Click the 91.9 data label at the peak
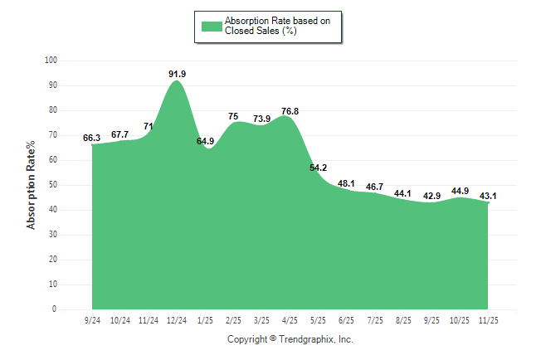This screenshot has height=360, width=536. pyautogui.click(x=177, y=74)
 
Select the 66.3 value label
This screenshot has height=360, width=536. pyautogui.click(x=92, y=138)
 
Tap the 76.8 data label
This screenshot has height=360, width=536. pyautogui.click(x=290, y=111)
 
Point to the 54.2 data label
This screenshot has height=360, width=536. pyautogui.click(x=318, y=168)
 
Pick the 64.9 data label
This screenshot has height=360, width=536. pyautogui.click(x=205, y=141)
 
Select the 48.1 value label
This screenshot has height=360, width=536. pyautogui.click(x=346, y=183)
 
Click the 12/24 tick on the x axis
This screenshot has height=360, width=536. pyautogui.click(x=177, y=319)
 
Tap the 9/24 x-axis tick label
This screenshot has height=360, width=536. pyautogui.click(x=92, y=319)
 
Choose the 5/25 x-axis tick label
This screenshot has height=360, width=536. pyautogui.click(x=318, y=319)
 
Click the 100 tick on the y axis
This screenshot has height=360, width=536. pyautogui.click(x=51, y=61)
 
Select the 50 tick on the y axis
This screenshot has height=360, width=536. pyautogui.click(x=53, y=185)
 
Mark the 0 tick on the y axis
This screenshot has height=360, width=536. pyautogui.click(x=55, y=309)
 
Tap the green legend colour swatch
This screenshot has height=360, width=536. pyautogui.click(x=212, y=26)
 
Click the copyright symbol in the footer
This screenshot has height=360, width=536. pyautogui.click(x=273, y=338)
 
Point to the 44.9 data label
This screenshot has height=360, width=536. pyautogui.click(x=460, y=191)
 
